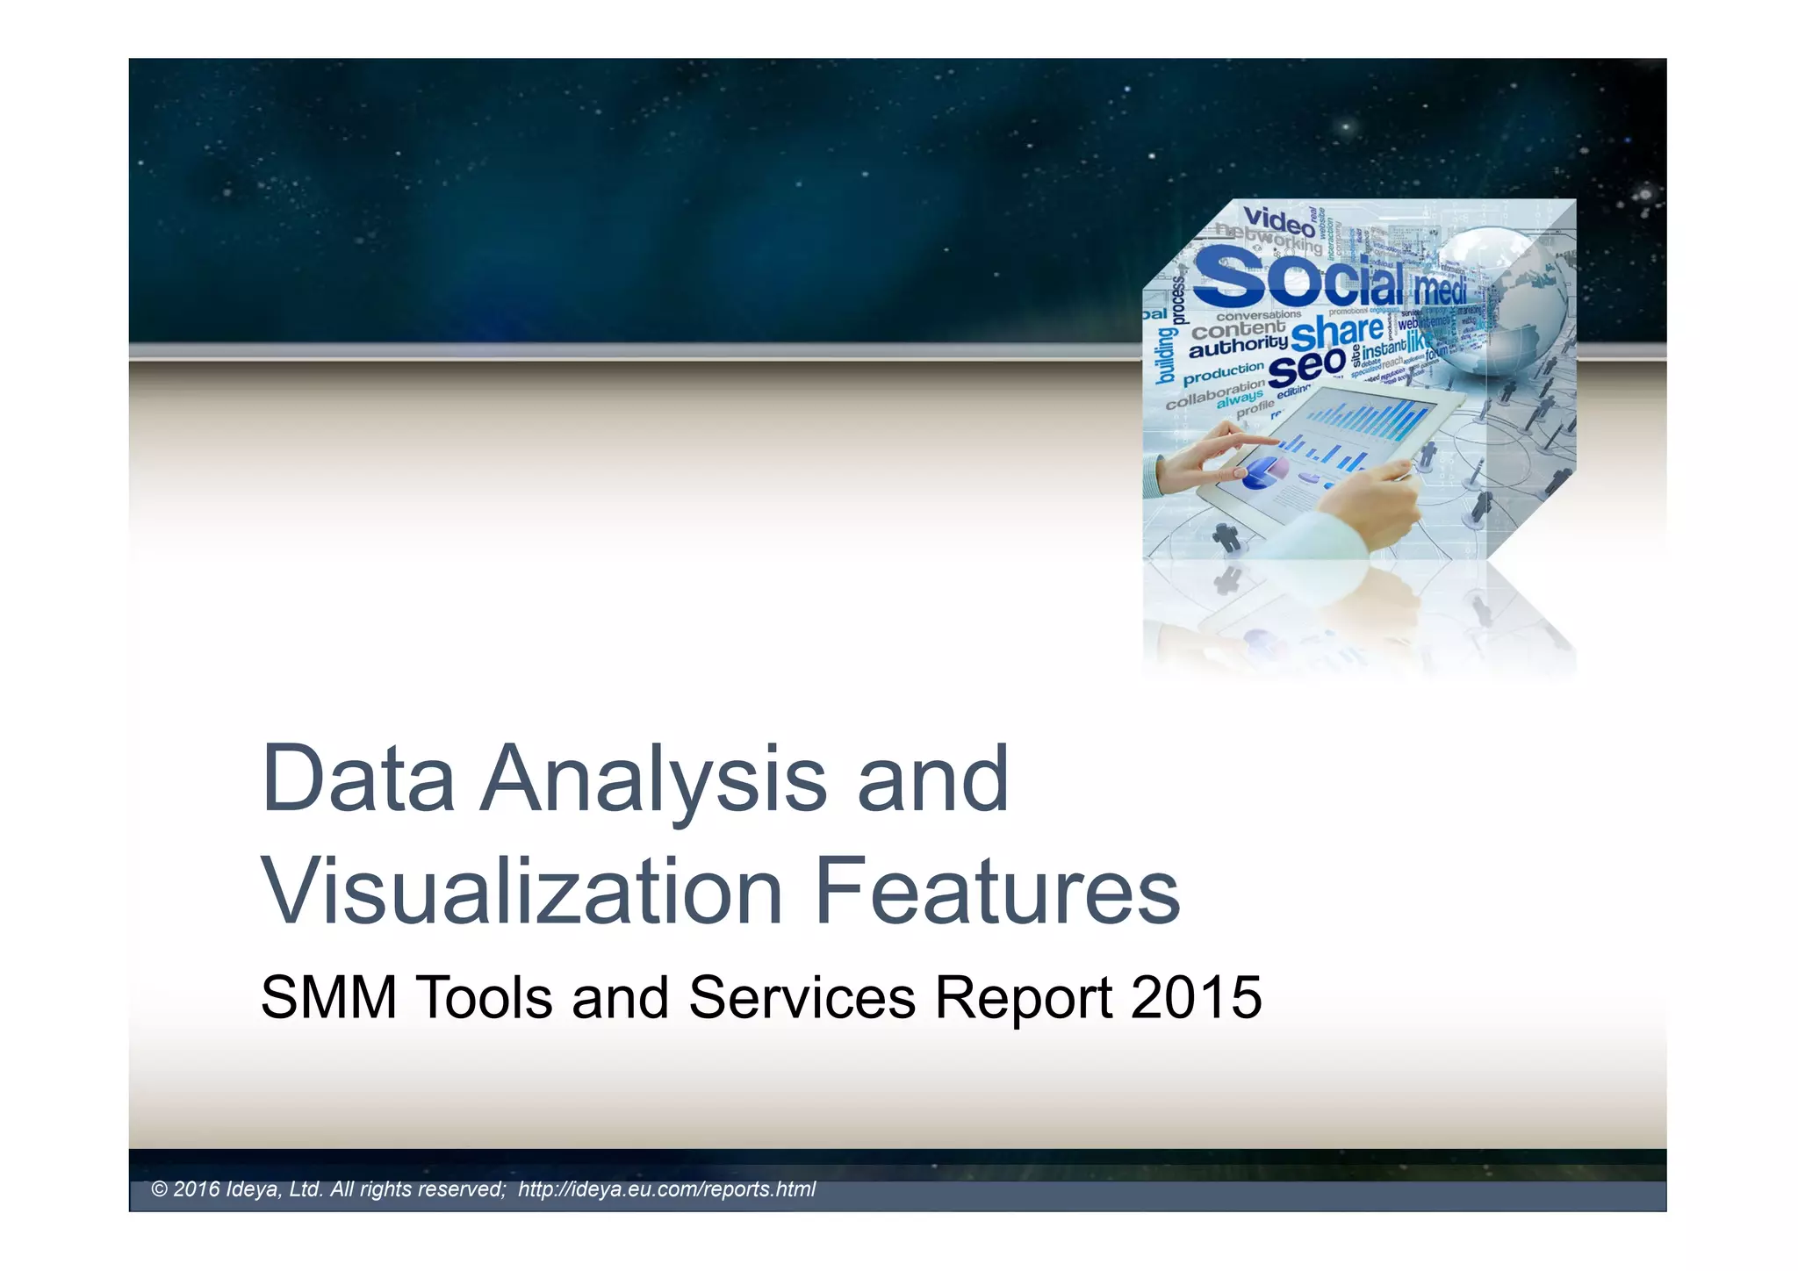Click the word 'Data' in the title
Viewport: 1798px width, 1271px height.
point(358,779)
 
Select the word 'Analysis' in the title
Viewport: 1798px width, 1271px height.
point(654,779)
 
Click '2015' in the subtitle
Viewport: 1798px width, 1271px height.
point(1197,998)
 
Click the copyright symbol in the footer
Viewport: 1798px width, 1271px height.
point(159,1189)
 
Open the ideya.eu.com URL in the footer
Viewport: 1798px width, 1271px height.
point(666,1189)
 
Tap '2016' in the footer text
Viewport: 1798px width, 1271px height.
point(197,1189)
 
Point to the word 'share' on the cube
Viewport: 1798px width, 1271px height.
point(1337,333)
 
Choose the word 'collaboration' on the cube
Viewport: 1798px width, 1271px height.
point(1215,394)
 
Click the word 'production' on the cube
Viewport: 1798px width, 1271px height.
point(1223,373)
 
